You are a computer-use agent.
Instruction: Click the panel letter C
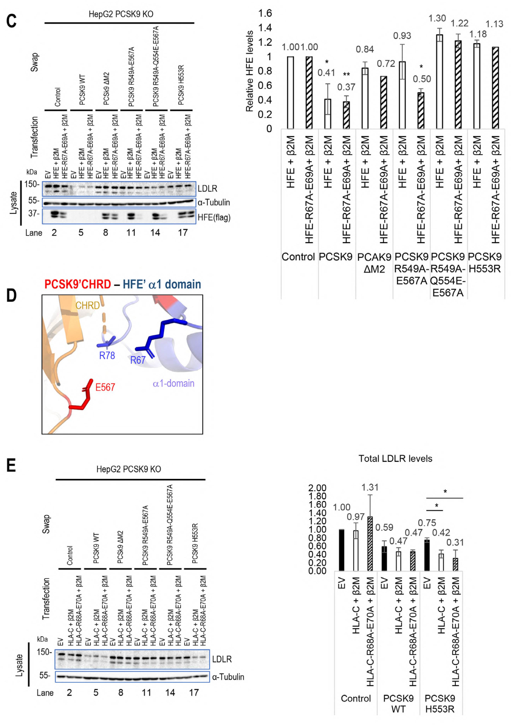coord(11,21)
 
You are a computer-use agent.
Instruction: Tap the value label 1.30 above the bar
coord(437,18)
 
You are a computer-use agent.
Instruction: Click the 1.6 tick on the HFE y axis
coord(265,13)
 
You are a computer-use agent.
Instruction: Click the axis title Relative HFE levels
coord(250,71)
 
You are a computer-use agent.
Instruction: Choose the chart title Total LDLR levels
coord(395,458)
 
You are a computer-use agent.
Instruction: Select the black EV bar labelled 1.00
coord(342,550)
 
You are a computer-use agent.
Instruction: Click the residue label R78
coord(107,356)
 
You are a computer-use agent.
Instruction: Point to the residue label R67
coord(138,360)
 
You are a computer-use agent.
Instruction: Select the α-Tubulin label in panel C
coord(214,202)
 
